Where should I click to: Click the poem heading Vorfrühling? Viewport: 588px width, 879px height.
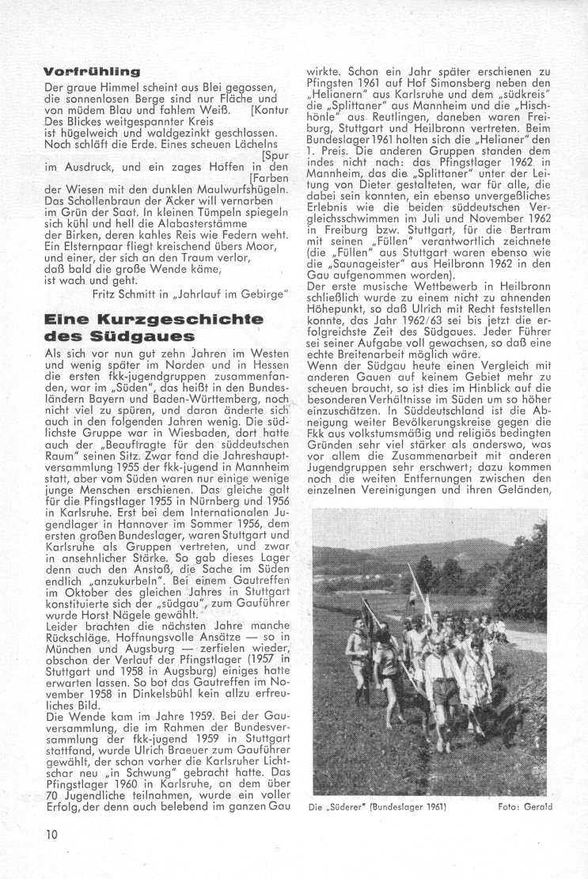tap(87, 71)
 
